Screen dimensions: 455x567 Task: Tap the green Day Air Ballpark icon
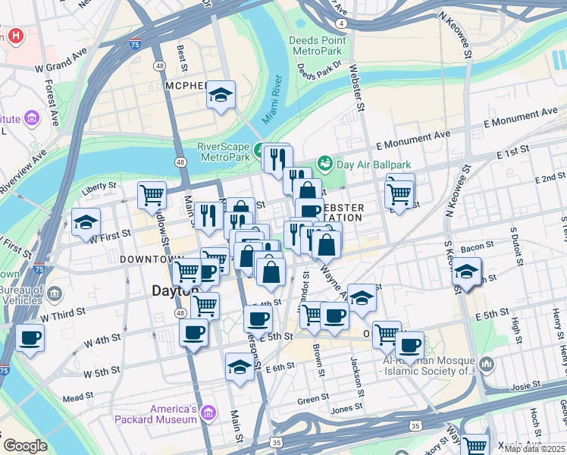coord(325,163)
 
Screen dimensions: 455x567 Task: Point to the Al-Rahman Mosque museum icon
coord(486,366)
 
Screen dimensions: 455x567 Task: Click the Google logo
coord(25,445)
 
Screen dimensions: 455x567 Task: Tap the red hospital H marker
coord(14,36)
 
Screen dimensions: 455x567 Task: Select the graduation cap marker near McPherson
coord(221,95)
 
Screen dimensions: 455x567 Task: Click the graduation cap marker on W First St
coord(86,222)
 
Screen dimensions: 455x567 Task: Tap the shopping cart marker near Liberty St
coord(152,194)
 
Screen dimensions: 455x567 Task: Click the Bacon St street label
coord(477,246)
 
